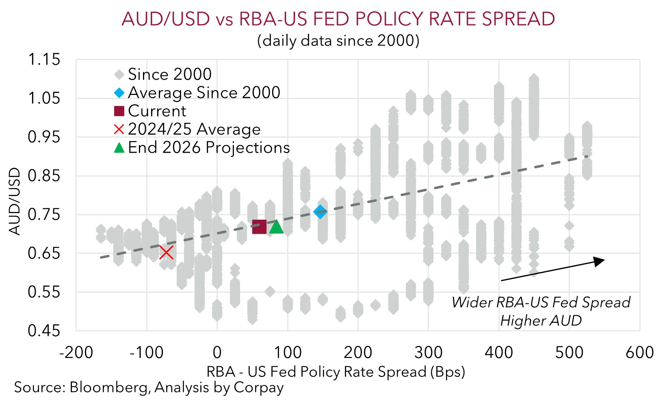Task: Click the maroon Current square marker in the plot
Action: (259, 227)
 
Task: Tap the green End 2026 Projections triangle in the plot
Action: (276, 227)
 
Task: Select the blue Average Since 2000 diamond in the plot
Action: (320, 212)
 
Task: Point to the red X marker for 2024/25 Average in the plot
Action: (166, 253)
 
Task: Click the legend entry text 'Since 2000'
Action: (170, 74)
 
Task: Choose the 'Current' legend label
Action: (157, 111)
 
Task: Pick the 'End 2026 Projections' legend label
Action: (209, 147)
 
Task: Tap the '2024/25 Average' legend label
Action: (194, 129)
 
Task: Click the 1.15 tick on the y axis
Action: (44, 59)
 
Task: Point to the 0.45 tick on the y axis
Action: (44, 331)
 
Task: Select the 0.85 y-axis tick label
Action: (44, 175)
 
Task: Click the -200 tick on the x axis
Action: (76, 352)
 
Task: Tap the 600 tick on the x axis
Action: (640, 352)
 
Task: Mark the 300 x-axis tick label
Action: (429, 352)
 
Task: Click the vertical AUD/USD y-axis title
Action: (14, 201)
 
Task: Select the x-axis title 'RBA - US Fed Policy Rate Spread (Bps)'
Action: (336, 372)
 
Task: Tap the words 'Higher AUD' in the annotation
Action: (541, 320)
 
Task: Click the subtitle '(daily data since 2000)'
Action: (338, 41)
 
